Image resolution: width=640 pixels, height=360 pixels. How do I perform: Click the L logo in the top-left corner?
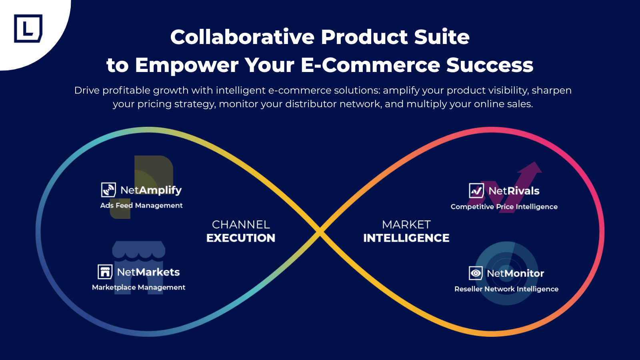pos(28,28)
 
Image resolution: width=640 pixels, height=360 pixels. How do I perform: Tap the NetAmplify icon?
pos(108,190)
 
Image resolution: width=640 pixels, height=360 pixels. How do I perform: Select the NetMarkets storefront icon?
pos(105,272)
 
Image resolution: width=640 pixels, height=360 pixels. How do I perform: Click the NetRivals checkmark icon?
pos(476,191)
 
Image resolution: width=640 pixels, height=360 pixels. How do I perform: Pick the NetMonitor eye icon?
pos(476,273)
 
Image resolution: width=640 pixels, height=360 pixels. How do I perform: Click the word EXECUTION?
pos(241,238)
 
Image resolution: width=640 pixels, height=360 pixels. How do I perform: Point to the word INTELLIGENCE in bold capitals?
pos(406,238)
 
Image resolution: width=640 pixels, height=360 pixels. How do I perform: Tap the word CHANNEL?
pos(241,224)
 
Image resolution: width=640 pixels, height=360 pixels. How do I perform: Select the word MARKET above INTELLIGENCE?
pos(406,224)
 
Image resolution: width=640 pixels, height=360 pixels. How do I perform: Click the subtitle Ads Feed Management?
pos(141,205)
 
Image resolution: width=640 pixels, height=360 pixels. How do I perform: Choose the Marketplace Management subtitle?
pos(138,287)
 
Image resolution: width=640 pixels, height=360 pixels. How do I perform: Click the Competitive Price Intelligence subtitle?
pos(504,207)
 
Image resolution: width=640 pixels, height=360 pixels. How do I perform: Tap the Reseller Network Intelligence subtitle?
pos(506,289)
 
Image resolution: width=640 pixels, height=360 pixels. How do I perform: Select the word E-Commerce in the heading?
pos(370,65)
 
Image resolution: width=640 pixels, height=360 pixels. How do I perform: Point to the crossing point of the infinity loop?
pos(320,232)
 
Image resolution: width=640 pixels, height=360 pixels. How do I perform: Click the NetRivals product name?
pos(514,191)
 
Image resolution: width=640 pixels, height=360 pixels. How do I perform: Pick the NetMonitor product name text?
pos(515,273)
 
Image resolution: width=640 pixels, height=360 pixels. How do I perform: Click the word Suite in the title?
pos(442,37)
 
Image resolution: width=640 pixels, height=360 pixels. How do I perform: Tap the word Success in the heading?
pos(490,65)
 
